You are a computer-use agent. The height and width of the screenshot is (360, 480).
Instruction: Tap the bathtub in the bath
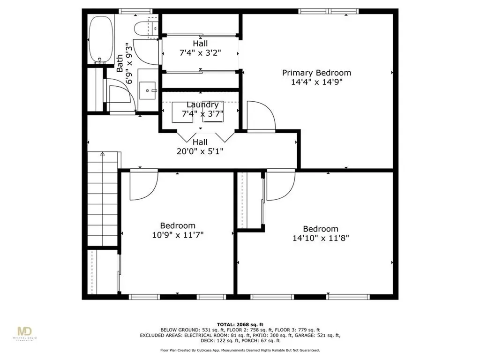[101, 39]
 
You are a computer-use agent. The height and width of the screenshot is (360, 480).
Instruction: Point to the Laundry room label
[202, 105]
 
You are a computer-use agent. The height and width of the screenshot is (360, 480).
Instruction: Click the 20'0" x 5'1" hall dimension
[200, 151]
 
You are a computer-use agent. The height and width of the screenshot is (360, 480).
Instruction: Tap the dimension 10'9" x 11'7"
[178, 234]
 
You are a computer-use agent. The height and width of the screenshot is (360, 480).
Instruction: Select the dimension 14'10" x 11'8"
[321, 238]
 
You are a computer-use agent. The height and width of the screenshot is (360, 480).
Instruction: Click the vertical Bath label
[120, 63]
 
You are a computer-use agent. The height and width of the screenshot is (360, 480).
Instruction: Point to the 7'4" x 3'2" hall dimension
[200, 52]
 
